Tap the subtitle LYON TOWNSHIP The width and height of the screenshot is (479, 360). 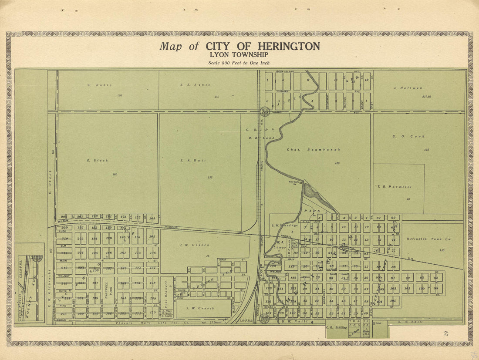click(239, 55)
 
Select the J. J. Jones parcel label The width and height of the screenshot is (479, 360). click(195, 85)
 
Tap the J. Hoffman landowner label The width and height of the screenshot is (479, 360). click(408, 88)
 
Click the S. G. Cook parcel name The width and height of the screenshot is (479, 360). click(408, 136)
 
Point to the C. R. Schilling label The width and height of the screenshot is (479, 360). click(337, 327)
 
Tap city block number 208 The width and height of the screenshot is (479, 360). click(64, 217)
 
